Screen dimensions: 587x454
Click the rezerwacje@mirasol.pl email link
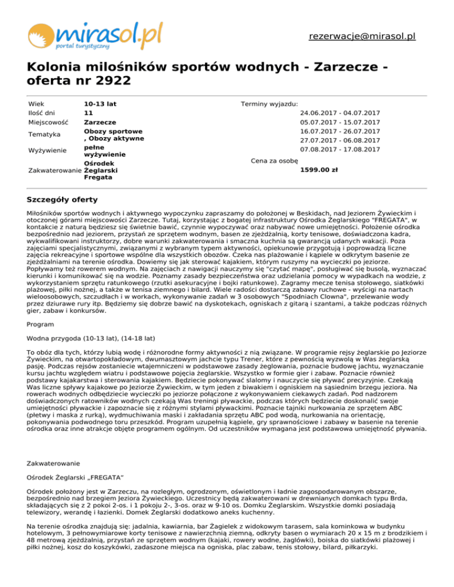tap(362, 36)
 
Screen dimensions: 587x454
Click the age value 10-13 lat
tap(100, 103)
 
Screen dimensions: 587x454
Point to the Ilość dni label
tap(43, 113)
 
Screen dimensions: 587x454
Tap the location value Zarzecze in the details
tap(100, 122)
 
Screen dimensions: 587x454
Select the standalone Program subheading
tap(41, 324)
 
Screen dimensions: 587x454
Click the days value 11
tap(88, 113)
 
